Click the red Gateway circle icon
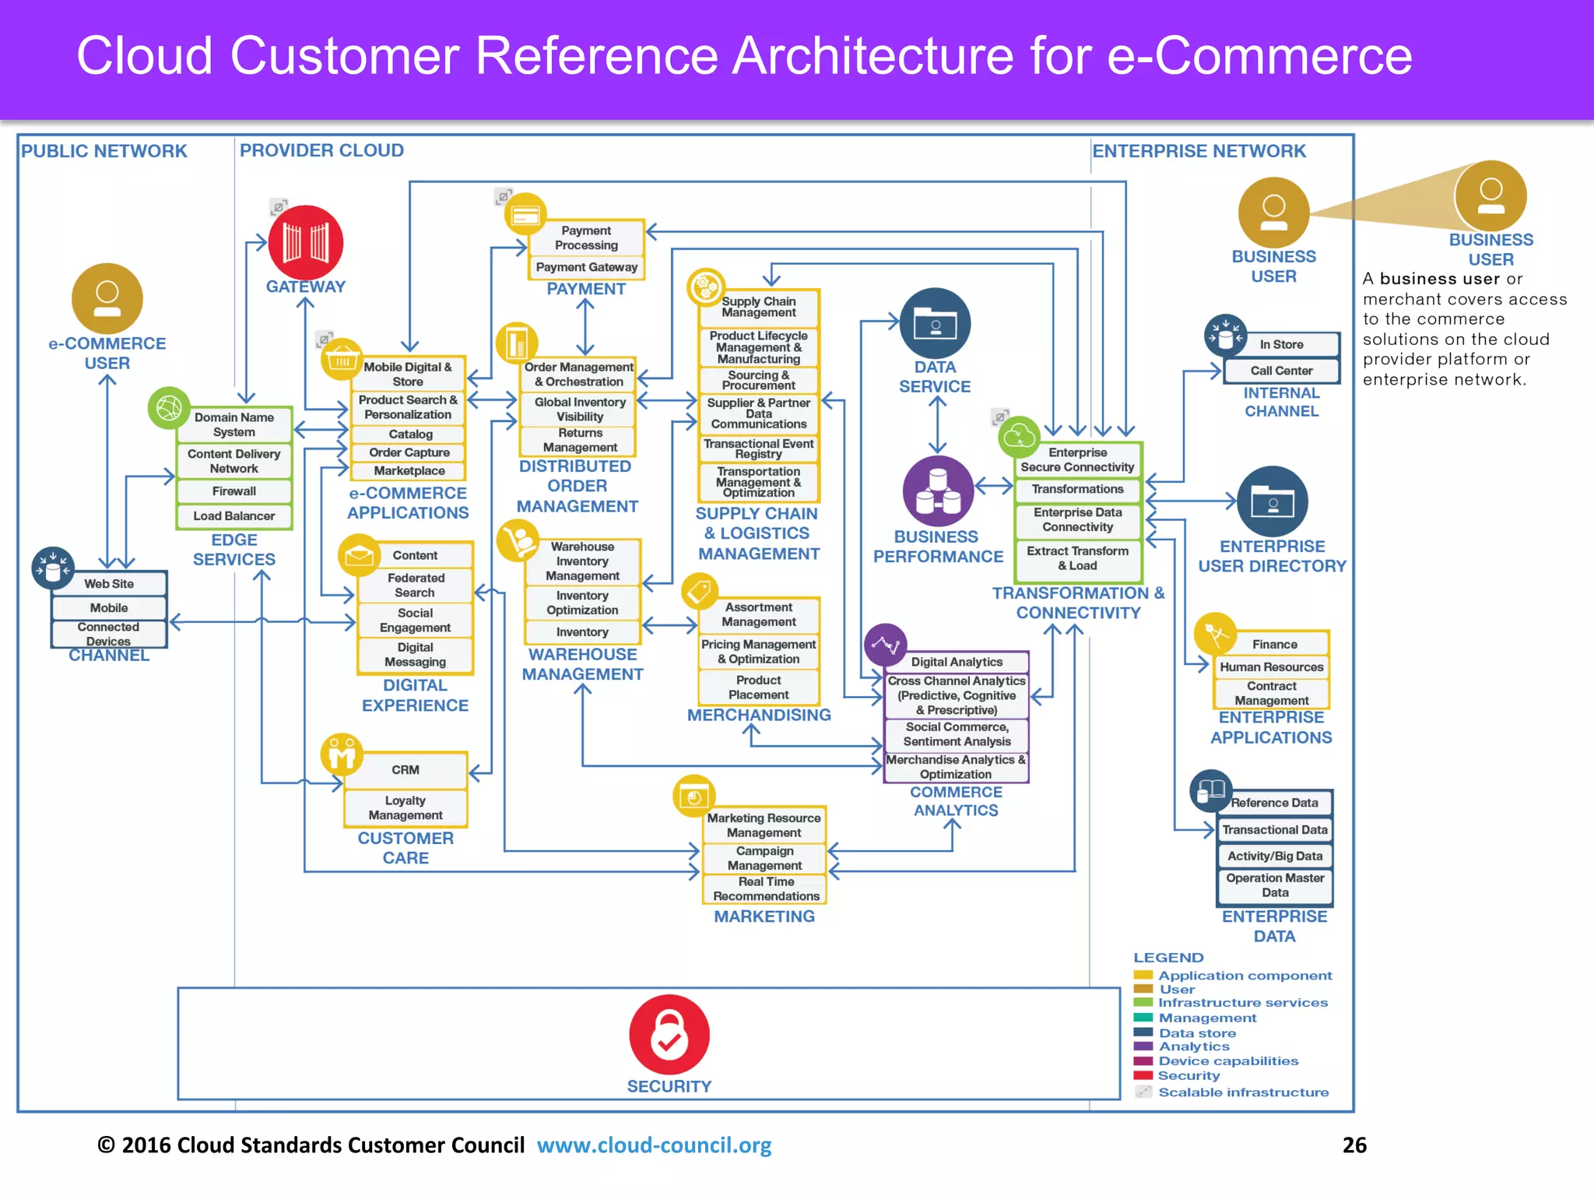(x=305, y=242)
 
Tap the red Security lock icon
(x=669, y=1034)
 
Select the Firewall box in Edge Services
(x=234, y=491)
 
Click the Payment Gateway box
(x=586, y=267)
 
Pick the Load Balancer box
(x=234, y=515)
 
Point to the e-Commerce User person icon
(x=107, y=298)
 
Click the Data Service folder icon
(x=935, y=323)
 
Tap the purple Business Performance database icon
(x=938, y=491)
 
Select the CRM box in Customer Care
(x=406, y=769)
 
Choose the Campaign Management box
(x=764, y=858)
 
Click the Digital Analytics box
(x=957, y=662)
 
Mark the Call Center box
(x=1281, y=371)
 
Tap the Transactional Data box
(x=1274, y=830)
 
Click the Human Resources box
(x=1271, y=667)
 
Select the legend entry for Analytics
(x=1194, y=1047)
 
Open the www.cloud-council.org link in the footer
(x=654, y=1145)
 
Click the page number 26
(x=1354, y=1145)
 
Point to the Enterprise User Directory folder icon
(x=1272, y=501)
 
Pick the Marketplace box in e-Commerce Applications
(x=409, y=471)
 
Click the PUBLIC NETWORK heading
(x=104, y=151)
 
